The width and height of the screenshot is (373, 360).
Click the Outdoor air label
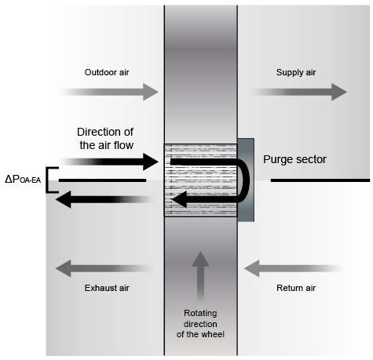[x=107, y=72]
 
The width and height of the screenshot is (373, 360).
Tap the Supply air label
[x=296, y=72]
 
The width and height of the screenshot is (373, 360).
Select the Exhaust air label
[x=107, y=288]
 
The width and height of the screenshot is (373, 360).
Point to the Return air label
[x=296, y=288]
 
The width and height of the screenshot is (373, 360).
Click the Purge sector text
[x=294, y=159]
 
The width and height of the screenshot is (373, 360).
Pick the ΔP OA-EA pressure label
[x=23, y=180]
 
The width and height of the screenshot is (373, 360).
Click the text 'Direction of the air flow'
[x=105, y=139]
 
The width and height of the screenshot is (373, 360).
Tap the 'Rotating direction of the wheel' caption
[x=200, y=324]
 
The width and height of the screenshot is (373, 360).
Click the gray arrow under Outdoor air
[x=109, y=92]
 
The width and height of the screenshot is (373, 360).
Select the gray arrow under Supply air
[x=298, y=92]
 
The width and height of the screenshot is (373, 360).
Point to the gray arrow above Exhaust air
[x=104, y=268]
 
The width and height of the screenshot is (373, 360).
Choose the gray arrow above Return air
[x=294, y=268]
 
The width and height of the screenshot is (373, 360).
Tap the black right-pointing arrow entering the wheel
[x=109, y=162]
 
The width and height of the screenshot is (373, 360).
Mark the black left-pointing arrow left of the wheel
[x=104, y=199]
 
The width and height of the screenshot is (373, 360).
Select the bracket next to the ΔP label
[x=47, y=180]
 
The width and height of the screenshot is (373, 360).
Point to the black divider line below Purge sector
[x=320, y=180]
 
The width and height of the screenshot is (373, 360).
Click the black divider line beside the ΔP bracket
[x=102, y=180]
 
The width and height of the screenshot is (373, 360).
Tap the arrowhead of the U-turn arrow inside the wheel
[x=179, y=199]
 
